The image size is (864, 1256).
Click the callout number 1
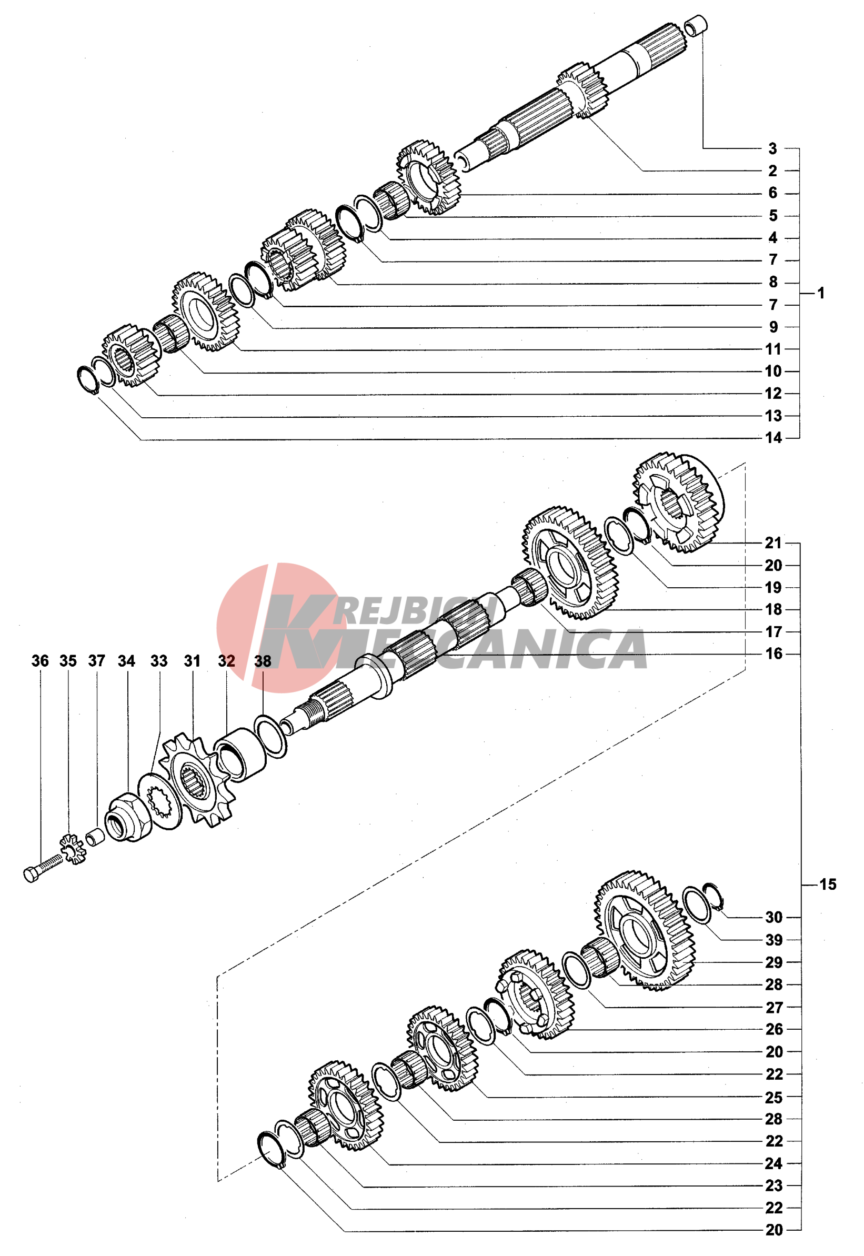(821, 294)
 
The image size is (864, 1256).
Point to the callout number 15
(828, 885)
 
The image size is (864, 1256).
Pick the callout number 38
(263, 661)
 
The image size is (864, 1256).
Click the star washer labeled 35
(72, 849)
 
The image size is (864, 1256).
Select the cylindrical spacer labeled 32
(240, 755)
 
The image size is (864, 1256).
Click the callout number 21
(773, 543)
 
